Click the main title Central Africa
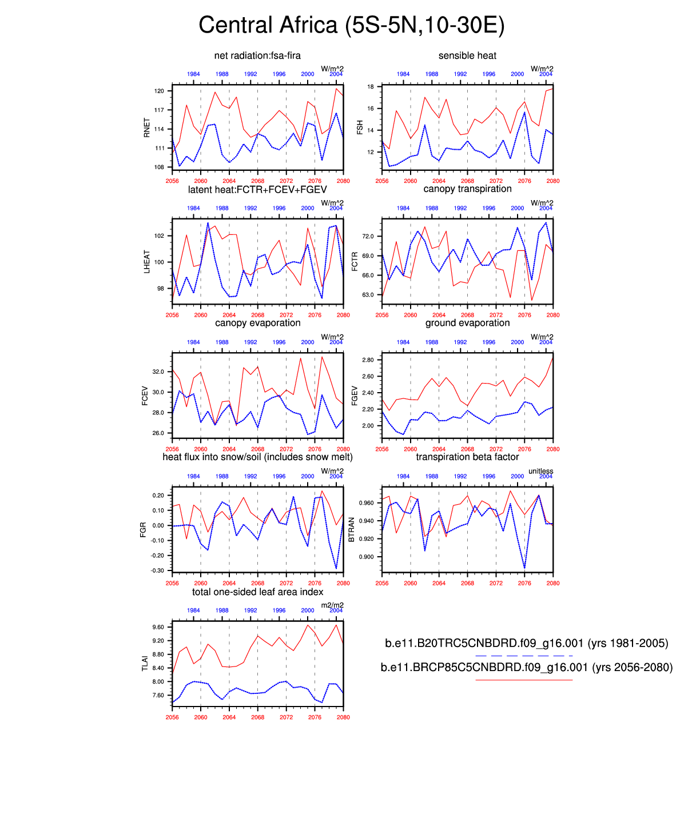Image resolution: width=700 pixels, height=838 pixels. pyautogui.click(x=351, y=26)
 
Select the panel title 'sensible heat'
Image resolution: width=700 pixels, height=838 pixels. pyautogui.click(x=467, y=55)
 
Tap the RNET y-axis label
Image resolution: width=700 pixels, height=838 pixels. pyautogui.click(x=147, y=128)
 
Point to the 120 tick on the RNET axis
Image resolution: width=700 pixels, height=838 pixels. pyautogui.click(x=160, y=91)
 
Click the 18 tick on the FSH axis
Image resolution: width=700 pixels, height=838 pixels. pyautogui.click(x=371, y=87)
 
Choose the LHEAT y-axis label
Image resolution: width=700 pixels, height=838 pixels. pyautogui.click(x=147, y=262)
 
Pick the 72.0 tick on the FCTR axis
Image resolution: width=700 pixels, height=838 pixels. pyautogui.click(x=368, y=236)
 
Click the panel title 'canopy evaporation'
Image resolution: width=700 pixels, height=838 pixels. pyautogui.click(x=257, y=323)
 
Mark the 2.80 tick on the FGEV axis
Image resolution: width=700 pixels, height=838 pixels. pyautogui.click(x=368, y=360)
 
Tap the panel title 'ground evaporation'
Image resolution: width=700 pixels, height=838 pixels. pyautogui.click(x=467, y=323)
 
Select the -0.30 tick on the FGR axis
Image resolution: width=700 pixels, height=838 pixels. pyautogui.click(x=157, y=570)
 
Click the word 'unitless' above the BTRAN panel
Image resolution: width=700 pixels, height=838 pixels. pyautogui.click(x=540, y=471)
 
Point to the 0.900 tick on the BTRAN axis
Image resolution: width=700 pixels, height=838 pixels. pyautogui.click(x=366, y=557)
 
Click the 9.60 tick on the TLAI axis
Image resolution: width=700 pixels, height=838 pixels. pyautogui.click(x=158, y=627)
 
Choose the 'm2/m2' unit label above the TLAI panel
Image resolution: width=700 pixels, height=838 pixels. pyautogui.click(x=332, y=605)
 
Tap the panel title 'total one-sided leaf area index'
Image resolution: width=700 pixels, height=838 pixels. pyautogui.click(x=257, y=592)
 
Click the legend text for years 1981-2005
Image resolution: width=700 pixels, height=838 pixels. pyautogui.click(x=526, y=643)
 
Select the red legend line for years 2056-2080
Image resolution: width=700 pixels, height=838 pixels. pyautogui.click(x=524, y=680)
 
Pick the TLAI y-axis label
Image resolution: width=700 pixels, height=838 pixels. pyautogui.click(x=145, y=664)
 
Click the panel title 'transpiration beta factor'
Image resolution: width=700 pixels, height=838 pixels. pyautogui.click(x=467, y=457)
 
